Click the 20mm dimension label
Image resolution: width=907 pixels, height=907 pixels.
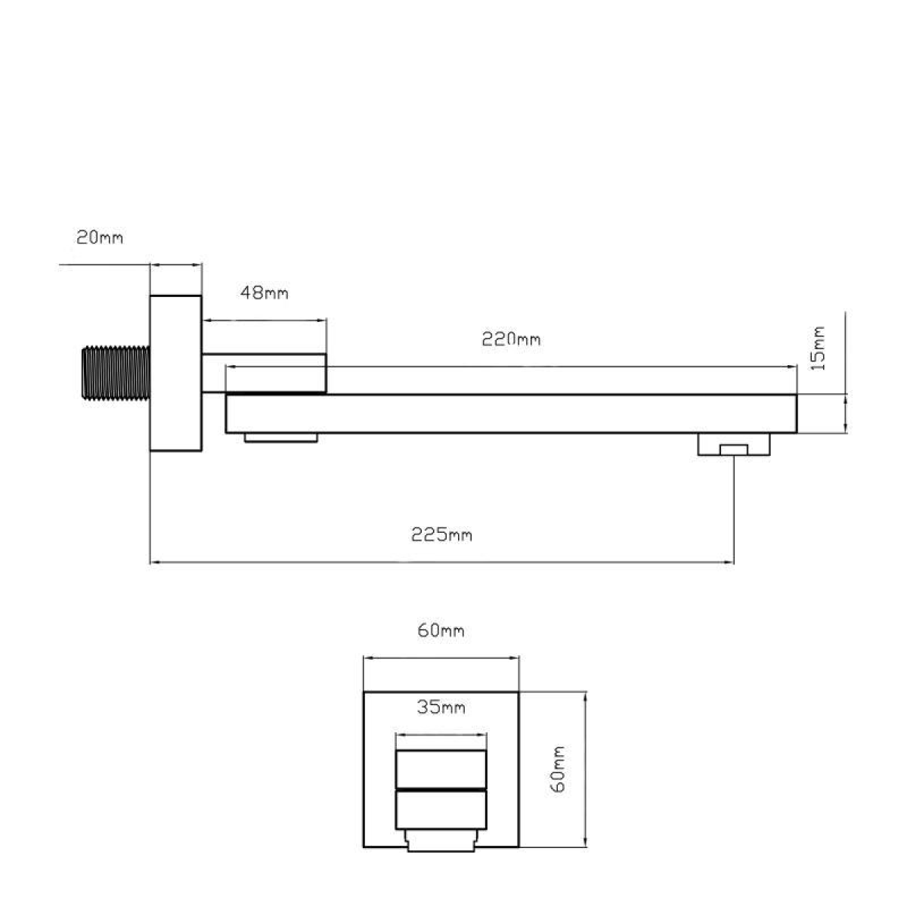coord(100,237)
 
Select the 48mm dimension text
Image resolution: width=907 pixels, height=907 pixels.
coord(264,293)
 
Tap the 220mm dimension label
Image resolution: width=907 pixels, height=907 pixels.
coord(511,339)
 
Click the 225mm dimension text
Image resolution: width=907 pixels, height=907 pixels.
coord(441,534)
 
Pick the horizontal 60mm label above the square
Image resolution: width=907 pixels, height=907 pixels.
coord(441,630)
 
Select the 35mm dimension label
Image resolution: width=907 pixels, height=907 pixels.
coord(441,707)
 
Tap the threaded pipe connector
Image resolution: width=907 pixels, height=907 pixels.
coord(116,373)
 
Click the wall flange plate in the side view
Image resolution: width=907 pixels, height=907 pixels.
coord(176,373)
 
